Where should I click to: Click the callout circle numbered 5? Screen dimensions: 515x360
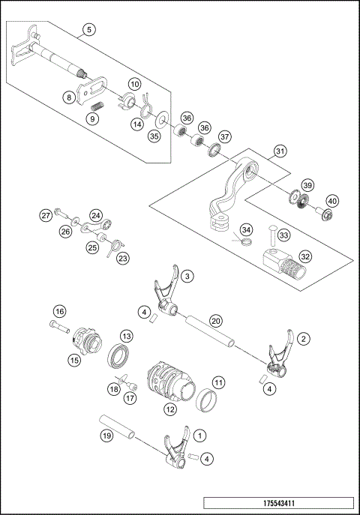[x=89, y=30]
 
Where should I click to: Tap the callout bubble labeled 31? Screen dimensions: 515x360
[x=279, y=151]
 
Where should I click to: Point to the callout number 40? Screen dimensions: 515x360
[x=331, y=200]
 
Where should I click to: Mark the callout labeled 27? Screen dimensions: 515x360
[x=46, y=216]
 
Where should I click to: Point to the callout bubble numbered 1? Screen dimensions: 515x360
[x=199, y=434]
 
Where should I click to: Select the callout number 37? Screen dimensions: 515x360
[x=224, y=137]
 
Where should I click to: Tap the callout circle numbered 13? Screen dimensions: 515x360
[x=127, y=337]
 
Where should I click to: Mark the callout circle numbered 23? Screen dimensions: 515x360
[x=122, y=258]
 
